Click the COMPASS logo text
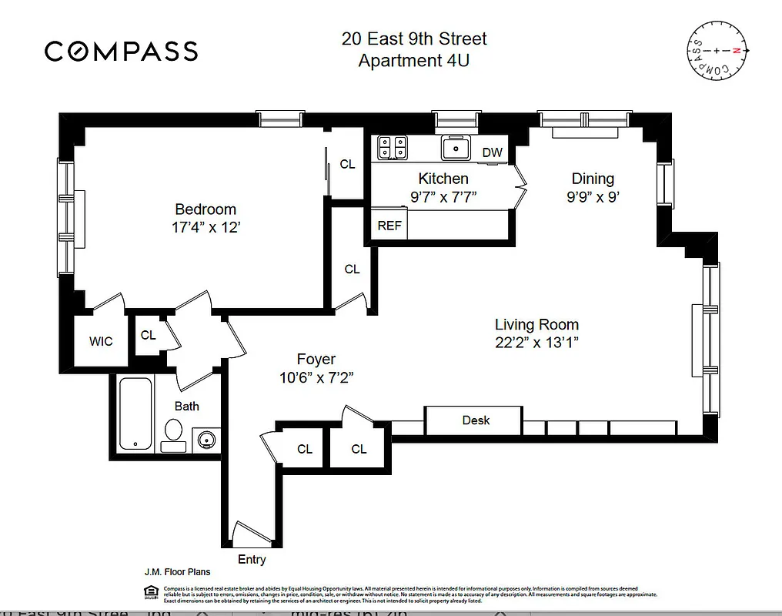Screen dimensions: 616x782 click(121, 52)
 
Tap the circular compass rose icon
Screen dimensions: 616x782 click(716, 51)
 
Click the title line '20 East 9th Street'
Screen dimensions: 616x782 click(414, 38)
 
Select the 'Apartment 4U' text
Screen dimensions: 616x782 click(414, 61)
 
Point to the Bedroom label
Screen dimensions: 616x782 click(206, 209)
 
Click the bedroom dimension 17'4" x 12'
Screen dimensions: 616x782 click(206, 227)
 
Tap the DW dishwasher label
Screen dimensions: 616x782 click(492, 152)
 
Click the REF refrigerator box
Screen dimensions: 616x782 click(389, 226)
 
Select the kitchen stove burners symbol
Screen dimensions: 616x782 click(392, 146)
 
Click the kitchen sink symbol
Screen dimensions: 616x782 click(456, 146)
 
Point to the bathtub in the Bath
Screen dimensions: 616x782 click(135, 414)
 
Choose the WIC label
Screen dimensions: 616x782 click(101, 341)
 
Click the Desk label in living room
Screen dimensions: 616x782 click(476, 420)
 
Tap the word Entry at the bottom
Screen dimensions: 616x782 click(252, 560)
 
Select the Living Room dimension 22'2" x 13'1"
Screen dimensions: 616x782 click(536, 343)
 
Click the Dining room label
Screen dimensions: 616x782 click(593, 179)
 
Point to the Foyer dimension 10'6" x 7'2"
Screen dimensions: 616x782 click(316, 377)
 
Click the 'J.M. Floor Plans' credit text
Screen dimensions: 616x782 click(177, 572)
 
